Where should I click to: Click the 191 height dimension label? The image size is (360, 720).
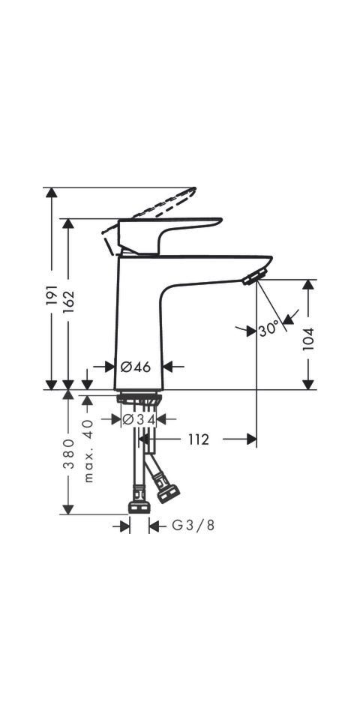[x=52, y=295]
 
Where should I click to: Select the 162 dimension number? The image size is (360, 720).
[x=68, y=301]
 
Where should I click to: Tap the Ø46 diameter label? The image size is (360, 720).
[x=136, y=367]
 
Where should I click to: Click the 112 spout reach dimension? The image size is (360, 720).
[x=198, y=439]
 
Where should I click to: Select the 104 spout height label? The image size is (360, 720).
[x=307, y=339]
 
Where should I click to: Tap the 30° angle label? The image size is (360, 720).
[x=268, y=330]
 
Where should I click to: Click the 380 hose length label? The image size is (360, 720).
[x=68, y=453]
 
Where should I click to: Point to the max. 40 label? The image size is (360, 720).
[x=88, y=450]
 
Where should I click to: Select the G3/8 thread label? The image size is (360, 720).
[x=193, y=525]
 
